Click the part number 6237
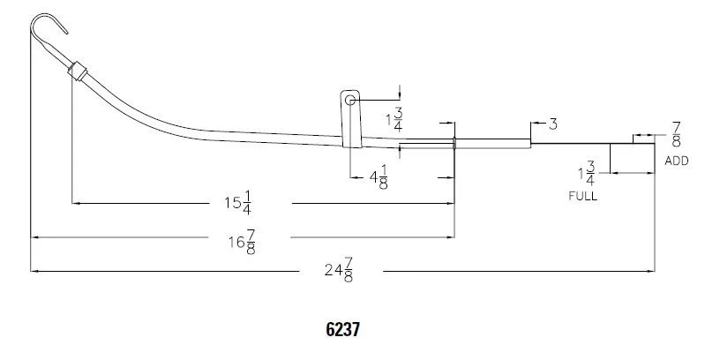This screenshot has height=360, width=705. click(342, 329)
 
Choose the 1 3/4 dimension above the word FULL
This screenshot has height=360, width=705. click(584, 172)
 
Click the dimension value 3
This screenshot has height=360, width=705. click(552, 124)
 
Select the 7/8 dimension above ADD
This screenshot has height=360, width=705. click(676, 135)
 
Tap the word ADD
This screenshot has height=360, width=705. click(676, 161)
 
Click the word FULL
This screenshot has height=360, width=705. click(582, 196)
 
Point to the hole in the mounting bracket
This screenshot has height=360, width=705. click(350, 101)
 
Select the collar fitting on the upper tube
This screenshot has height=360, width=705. click(78, 71)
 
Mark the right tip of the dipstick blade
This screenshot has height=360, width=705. click(653, 144)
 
